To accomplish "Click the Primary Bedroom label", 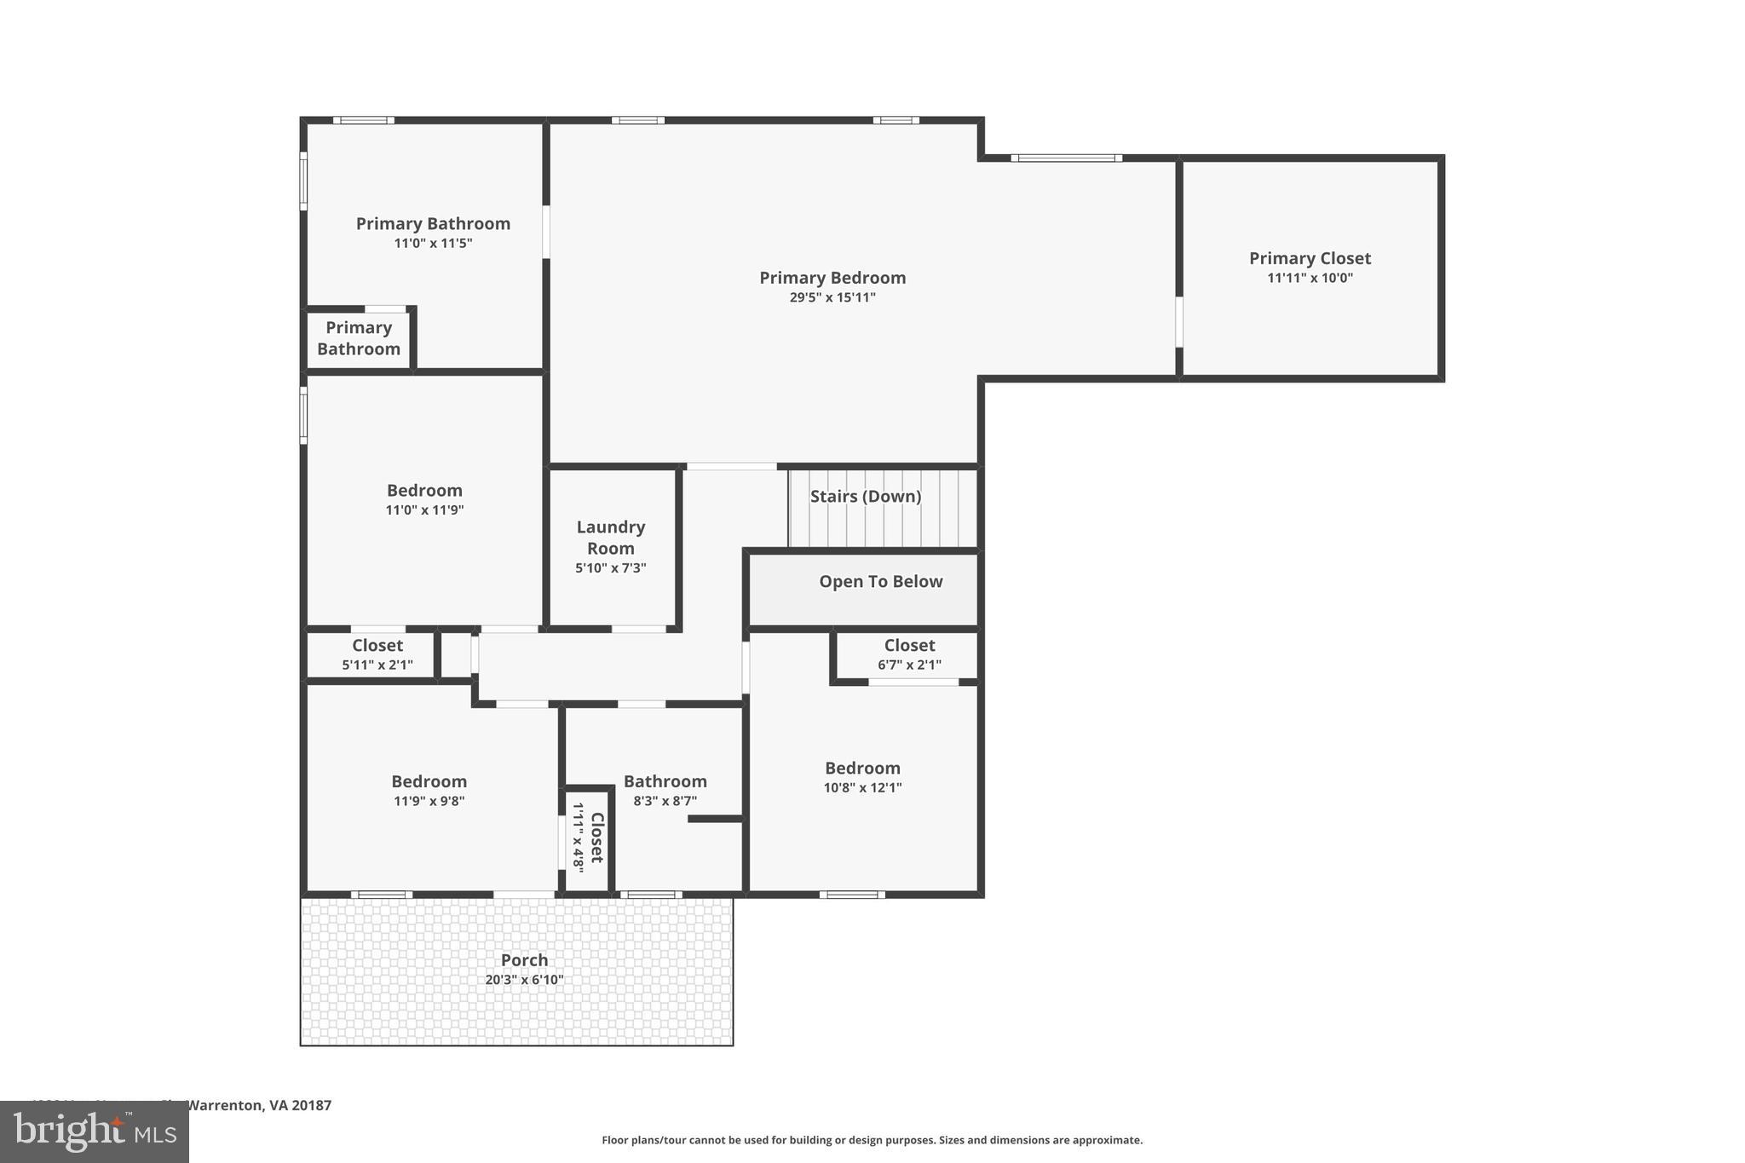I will tap(832, 278).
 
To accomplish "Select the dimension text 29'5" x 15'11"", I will tap(832, 297).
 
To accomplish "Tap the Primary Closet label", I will tap(1310, 258).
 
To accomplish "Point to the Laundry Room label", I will tap(611, 538).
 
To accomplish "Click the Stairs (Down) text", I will tap(865, 496).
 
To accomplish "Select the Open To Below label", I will tap(880, 581).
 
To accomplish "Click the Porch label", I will tap(524, 959).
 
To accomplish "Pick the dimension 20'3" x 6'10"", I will tap(524, 980).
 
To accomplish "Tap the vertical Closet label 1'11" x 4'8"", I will tap(588, 838).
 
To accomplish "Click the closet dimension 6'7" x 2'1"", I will tap(909, 665).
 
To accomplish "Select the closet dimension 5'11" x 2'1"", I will tap(377, 665).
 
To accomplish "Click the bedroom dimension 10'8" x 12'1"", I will tap(862, 787).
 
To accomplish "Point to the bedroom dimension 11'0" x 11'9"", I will tap(424, 510).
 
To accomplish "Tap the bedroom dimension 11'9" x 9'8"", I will tap(429, 801).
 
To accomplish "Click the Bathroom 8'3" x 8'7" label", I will tap(665, 781).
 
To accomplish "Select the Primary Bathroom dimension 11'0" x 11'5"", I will tap(433, 243).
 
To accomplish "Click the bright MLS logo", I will tap(95, 1131).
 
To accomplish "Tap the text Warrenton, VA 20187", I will tap(258, 1105).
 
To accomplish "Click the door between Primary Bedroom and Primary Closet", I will tap(1179, 321).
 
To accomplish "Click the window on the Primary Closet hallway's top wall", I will tap(1066, 158).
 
